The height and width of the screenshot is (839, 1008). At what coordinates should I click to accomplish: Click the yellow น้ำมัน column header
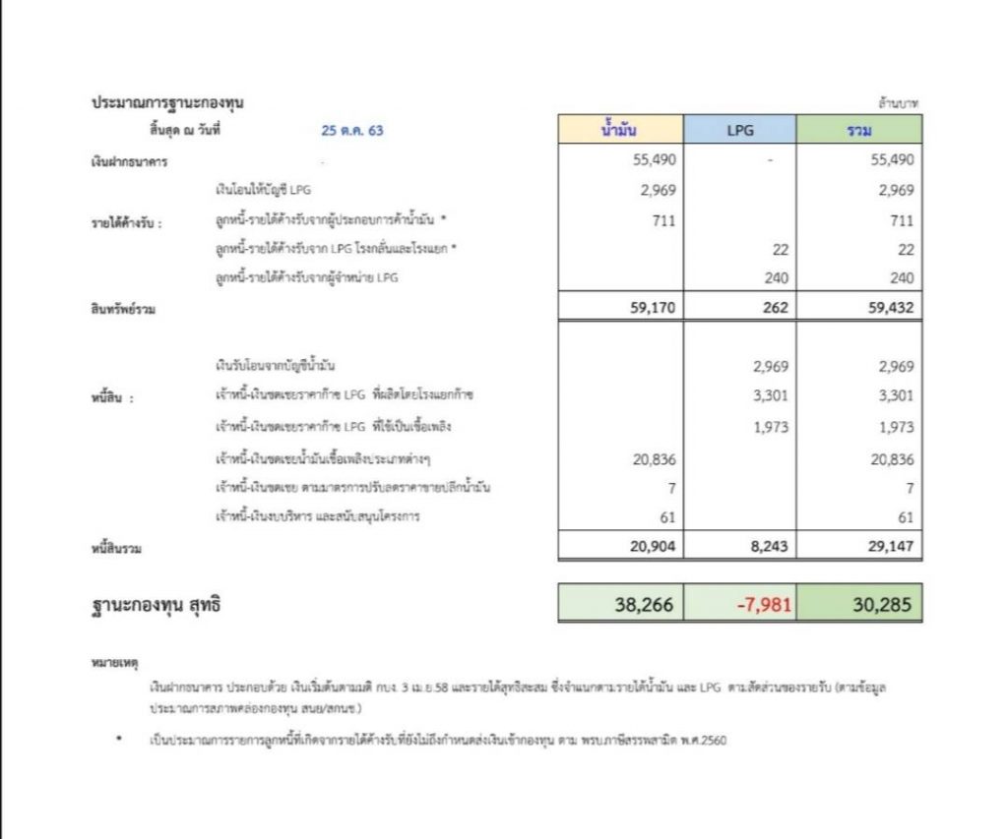click(x=620, y=129)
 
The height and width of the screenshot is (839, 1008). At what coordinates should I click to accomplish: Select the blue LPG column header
click(x=740, y=129)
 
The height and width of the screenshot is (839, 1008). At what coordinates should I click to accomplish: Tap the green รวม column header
click(x=859, y=129)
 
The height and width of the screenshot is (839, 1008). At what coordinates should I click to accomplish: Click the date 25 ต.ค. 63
click(x=351, y=129)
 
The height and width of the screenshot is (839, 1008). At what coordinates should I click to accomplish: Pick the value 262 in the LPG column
click(x=776, y=308)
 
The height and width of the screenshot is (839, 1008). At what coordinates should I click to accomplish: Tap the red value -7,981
click(x=763, y=605)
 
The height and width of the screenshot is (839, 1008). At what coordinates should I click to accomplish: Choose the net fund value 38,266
click(x=645, y=605)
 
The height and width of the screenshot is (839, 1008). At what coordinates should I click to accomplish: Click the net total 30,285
click(x=883, y=605)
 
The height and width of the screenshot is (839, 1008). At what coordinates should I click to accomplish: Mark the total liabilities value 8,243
click(x=767, y=546)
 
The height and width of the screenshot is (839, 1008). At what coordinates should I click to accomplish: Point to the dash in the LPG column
click(x=771, y=159)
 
